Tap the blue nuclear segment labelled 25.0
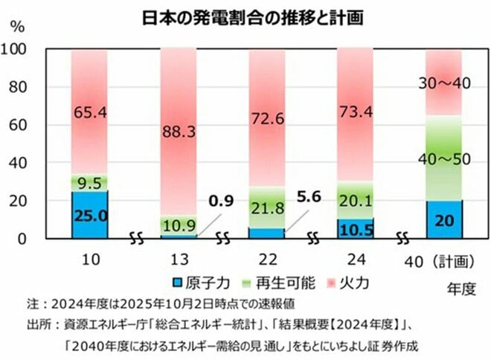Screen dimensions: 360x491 89,216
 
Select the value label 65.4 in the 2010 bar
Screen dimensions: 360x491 89,112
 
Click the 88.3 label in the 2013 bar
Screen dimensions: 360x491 179,132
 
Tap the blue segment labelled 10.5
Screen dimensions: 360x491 356,228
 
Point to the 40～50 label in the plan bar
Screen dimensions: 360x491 445,159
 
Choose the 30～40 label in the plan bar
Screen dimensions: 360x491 445,83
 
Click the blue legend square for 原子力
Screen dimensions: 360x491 176,283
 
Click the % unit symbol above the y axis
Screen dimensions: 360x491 18,28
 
